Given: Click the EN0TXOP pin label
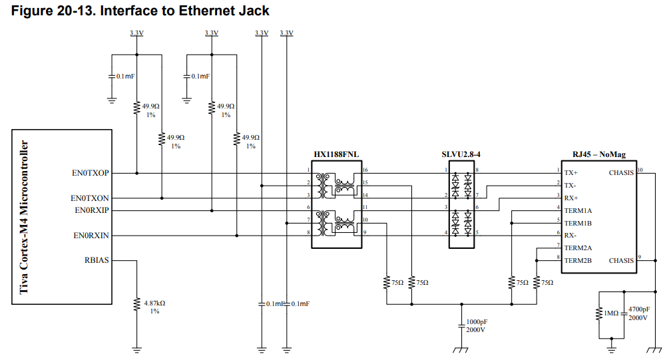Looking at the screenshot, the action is (90, 173).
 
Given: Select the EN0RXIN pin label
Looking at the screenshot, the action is (91, 236).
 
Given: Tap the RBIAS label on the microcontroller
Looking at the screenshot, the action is (97, 260).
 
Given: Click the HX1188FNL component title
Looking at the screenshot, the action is (336, 154).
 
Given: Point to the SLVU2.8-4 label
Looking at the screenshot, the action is (461, 154).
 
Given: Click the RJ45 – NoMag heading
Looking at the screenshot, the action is (599, 154).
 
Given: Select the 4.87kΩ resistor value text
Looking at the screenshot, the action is (154, 303).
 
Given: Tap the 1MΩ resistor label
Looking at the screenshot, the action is (611, 313).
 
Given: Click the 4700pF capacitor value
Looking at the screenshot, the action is (639, 309).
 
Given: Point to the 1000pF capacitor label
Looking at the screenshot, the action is (477, 322).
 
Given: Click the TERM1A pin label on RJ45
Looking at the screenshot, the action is (578, 210).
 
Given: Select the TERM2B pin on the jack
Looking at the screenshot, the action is (578, 261).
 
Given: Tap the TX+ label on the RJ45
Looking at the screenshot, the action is (571, 173).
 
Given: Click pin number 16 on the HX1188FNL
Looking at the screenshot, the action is (365, 170).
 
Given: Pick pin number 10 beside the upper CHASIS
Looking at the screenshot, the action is (640, 170).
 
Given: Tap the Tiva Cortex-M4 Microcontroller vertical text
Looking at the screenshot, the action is (24, 217).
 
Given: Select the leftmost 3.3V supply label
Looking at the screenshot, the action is (136, 33).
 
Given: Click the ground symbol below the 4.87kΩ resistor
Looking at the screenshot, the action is (136, 350).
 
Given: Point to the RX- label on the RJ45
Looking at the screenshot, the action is (570, 236).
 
